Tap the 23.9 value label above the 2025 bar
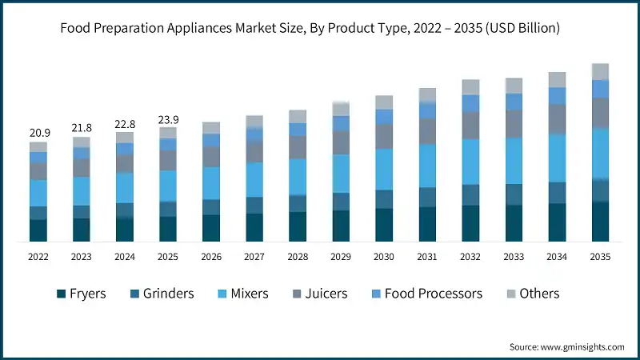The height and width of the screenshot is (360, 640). [x=168, y=119]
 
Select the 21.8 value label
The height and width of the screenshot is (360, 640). [x=82, y=127]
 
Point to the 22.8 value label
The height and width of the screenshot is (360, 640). [x=125, y=123]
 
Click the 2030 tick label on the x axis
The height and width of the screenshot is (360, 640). [x=384, y=257]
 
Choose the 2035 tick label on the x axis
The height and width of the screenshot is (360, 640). [x=600, y=257]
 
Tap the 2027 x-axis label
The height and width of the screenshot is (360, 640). [x=254, y=257]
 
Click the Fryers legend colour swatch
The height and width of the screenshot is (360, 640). [x=61, y=294]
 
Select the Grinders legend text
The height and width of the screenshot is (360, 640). [x=168, y=294]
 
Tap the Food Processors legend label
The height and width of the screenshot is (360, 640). [x=433, y=294]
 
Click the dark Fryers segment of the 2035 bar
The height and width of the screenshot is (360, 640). [x=600, y=222]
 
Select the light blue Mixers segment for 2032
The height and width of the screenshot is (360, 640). [x=470, y=162]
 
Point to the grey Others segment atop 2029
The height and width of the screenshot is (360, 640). [x=341, y=109]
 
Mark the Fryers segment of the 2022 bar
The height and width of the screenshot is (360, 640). [x=38, y=230]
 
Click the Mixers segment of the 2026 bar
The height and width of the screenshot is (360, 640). [x=211, y=183]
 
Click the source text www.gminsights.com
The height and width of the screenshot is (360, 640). [x=580, y=346]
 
